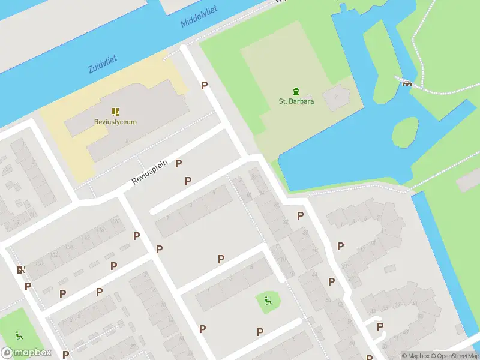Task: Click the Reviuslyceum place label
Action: click(x=115, y=122)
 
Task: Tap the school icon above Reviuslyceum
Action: click(x=115, y=112)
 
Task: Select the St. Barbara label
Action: click(x=296, y=101)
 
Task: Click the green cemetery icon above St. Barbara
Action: click(x=296, y=91)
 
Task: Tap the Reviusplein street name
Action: click(x=150, y=173)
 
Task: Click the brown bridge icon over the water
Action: click(x=407, y=83)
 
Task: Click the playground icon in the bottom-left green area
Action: click(x=19, y=335)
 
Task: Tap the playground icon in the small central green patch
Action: click(x=268, y=301)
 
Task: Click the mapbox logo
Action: click(x=26, y=353)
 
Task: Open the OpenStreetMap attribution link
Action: click(x=454, y=356)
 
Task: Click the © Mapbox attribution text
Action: click(x=415, y=356)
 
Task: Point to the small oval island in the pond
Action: click(x=405, y=132)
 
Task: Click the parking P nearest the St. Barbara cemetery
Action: click(x=204, y=86)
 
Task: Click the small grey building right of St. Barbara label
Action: click(x=335, y=95)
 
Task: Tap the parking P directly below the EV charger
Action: click(x=28, y=286)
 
